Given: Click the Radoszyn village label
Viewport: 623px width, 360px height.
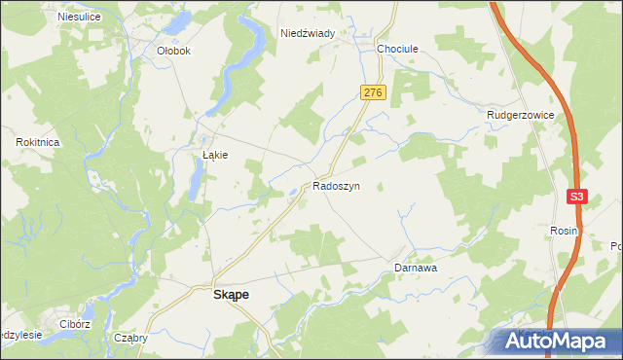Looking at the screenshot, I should [x=337, y=185].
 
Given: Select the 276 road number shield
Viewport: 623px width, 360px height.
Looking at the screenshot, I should [x=374, y=92].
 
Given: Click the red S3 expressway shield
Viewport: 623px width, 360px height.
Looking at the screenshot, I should [x=577, y=197].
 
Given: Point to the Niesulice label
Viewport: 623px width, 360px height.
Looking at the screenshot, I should [x=81, y=17].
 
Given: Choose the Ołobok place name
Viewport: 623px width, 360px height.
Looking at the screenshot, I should [x=173, y=51].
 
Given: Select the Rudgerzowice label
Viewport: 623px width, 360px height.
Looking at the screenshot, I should [x=521, y=115].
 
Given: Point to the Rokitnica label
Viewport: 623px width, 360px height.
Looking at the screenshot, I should [x=39, y=142].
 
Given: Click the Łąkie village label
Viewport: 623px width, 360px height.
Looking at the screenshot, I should [x=214, y=155].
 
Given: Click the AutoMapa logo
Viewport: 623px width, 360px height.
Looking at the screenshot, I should [x=556, y=342].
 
